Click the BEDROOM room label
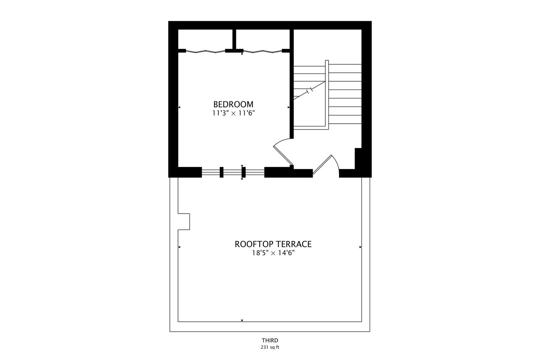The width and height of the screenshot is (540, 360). pos(233,104)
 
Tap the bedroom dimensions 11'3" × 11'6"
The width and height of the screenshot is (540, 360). pos(233,113)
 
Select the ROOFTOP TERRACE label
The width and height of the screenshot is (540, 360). pos(273,244)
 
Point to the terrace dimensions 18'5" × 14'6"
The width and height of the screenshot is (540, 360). pos(273,253)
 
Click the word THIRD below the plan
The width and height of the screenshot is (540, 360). pos(270,340)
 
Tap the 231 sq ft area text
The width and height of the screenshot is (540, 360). pos(270,347)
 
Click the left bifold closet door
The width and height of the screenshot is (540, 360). pos(205,51)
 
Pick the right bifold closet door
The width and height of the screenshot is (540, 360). pos(262,51)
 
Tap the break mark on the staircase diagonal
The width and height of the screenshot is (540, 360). pos(310,90)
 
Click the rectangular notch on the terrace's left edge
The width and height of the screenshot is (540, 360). pos(184,221)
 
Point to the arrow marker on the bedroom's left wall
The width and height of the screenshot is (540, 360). pos(179,107)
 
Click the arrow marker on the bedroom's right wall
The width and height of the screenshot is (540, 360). pos(288,107)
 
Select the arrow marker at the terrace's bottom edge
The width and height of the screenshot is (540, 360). pos(242,321)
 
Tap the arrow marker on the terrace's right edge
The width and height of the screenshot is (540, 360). pos(360,247)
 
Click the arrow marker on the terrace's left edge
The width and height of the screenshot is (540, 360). pos(179,247)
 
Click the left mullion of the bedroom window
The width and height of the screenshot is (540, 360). pos(221,172)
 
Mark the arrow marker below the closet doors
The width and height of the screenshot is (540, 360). pos(242,53)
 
